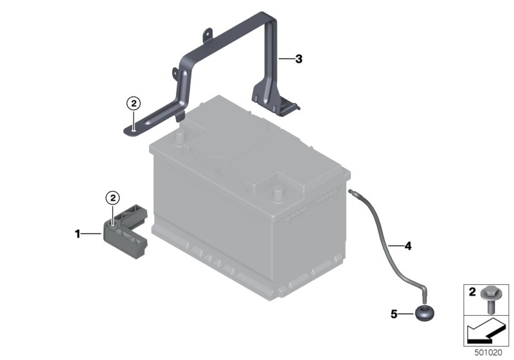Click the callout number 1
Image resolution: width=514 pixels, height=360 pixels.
coord(78,234)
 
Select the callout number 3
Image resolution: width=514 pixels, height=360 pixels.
coord(299,59)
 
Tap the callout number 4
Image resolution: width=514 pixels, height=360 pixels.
coord(408,246)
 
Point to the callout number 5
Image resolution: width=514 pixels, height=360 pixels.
coord(394,314)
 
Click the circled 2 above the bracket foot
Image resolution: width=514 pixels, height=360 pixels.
coord(134,104)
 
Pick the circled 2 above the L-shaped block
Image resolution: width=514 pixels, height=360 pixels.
coord(113,198)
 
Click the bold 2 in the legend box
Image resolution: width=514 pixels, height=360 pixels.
coord(472,292)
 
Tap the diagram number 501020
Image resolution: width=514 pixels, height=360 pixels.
coord(488,353)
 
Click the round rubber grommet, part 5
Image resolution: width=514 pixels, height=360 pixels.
coord(425,312)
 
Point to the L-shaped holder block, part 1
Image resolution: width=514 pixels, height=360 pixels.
coord(125,231)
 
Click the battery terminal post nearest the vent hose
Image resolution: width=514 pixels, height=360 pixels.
coord(277,194)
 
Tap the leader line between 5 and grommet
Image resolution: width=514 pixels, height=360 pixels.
coord(407,314)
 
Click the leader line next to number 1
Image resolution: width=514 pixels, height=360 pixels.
coord(91,234)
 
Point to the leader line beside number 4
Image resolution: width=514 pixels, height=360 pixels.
coord(395,246)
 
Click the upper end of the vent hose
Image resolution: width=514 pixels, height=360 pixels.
coord(350,190)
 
